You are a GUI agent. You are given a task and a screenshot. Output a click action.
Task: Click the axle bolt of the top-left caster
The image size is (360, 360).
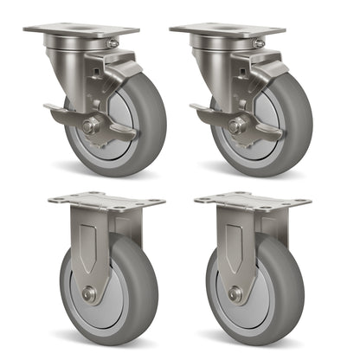pyautogui.click(x=89, y=126)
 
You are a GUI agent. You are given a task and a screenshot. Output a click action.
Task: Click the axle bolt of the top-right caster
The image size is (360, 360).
pyautogui.click(x=235, y=126)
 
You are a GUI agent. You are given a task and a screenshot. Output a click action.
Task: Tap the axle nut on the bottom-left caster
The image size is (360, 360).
pyautogui.click(x=89, y=293)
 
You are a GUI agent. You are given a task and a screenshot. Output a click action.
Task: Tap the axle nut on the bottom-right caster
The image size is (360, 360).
pyautogui.click(x=235, y=293)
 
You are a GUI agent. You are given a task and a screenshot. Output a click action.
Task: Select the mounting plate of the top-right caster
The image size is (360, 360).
pyautogui.click(x=227, y=30)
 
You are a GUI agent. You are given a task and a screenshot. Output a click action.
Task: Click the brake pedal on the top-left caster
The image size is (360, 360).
pyautogui.click(x=61, y=113)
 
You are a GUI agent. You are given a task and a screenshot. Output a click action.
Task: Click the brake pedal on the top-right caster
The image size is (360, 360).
pyautogui.click(x=207, y=113)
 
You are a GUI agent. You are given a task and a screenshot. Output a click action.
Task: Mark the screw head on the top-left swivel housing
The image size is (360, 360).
pyautogui.click(x=112, y=42)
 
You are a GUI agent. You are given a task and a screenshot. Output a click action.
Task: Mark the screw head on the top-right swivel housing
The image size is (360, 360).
pyautogui.click(x=259, y=42)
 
